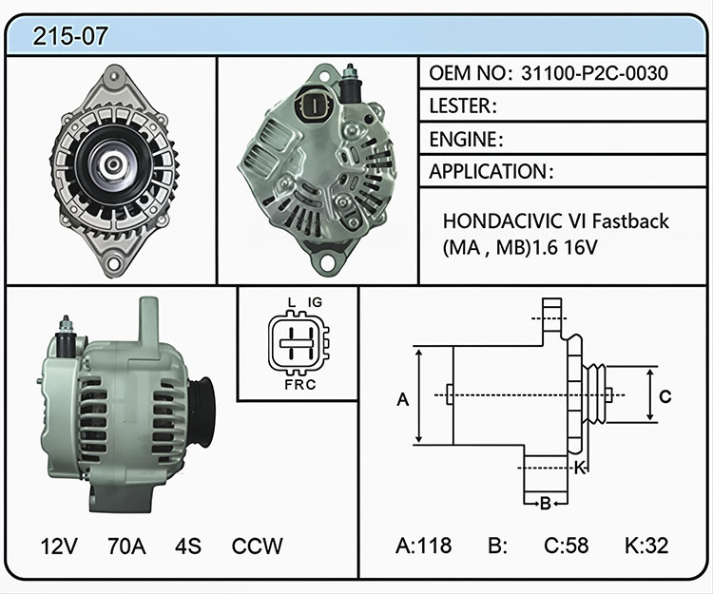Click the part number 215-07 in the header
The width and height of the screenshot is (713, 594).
pos(70,36)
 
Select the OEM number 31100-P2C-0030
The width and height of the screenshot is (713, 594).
pos(594,73)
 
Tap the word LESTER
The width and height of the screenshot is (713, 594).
pos(460,105)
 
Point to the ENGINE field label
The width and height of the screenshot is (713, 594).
pos(463,139)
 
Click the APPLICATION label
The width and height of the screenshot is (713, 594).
pos(489,172)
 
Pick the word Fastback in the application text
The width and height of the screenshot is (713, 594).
pos(630,221)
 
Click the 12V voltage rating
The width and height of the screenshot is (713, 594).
pos(59,546)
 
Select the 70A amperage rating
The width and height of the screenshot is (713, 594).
pos(126,546)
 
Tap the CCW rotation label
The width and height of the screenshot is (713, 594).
pos(257,546)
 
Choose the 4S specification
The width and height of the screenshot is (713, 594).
pos(188,546)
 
